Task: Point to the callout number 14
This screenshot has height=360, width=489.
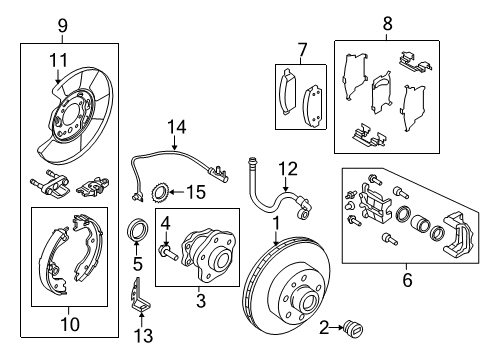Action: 178,125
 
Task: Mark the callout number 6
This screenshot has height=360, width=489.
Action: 406,281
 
